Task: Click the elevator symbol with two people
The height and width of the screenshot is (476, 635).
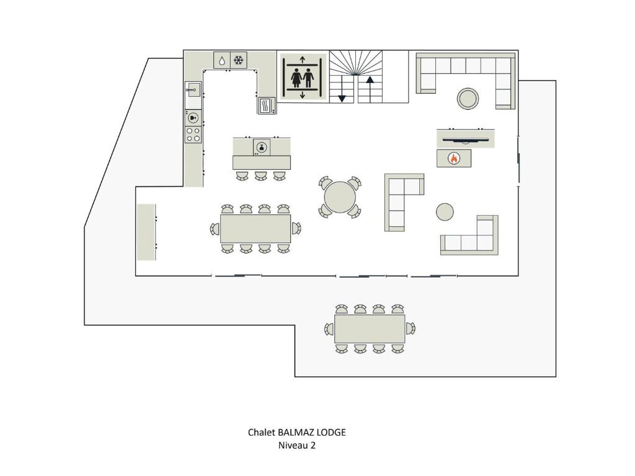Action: point(303,77)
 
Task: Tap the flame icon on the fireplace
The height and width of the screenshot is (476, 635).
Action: point(454,158)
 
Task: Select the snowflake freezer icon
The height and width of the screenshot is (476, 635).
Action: point(239,60)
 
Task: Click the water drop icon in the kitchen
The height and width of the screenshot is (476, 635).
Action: point(222,60)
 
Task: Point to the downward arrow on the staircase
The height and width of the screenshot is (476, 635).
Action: point(342,89)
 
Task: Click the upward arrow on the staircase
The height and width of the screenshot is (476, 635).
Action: point(370,89)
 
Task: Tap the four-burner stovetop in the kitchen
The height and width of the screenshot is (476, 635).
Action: point(193,134)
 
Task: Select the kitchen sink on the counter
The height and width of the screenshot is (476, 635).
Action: point(193,89)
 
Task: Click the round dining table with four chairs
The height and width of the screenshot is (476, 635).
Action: point(340,197)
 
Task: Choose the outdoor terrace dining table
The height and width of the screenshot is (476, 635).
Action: point(370,328)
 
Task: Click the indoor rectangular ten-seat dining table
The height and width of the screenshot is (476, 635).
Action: point(255,229)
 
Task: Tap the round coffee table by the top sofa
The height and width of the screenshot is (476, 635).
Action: point(468,99)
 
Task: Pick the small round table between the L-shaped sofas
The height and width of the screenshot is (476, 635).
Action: point(445,212)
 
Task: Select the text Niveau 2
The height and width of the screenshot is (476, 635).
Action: point(297,445)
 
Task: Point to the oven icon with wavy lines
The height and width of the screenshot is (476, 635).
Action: point(267,106)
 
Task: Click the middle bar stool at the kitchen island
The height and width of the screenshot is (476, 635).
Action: point(261,175)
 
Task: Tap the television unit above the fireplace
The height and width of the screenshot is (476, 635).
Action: point(466,139)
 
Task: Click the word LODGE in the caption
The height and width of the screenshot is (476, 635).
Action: point(331,432)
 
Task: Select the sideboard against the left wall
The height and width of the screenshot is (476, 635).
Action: point(146,232)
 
